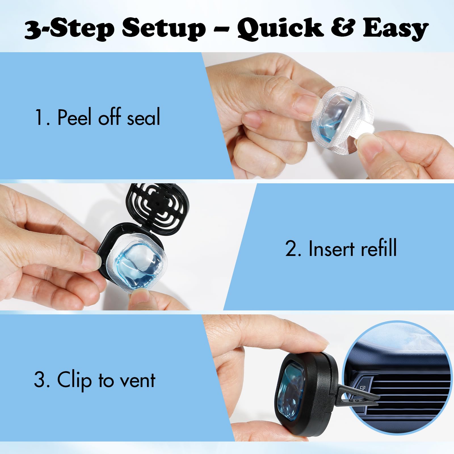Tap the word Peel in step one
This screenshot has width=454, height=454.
75,117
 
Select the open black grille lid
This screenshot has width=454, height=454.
158,208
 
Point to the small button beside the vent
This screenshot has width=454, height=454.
362,388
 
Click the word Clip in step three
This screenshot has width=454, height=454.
74,380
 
